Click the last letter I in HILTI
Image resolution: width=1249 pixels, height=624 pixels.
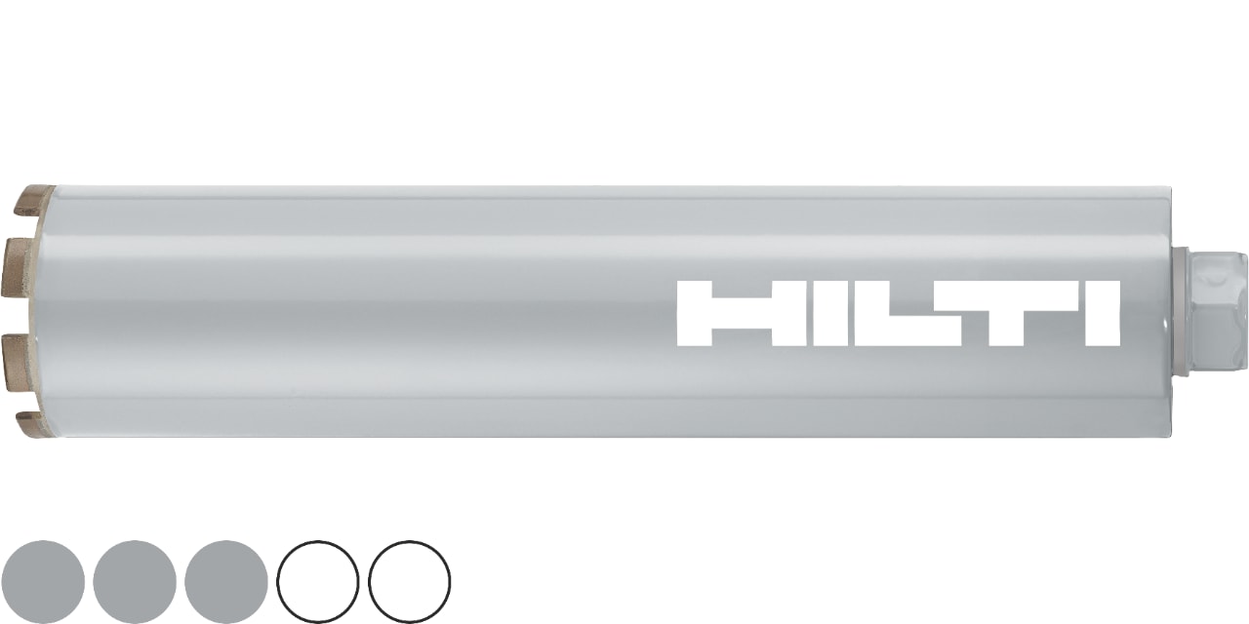pyautogui.click(x=1103, y=314)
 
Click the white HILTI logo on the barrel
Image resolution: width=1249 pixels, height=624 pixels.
pyautogui.click(x=898, y=314)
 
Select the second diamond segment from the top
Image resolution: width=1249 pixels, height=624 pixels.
pyautogui.click(x=21, y=263)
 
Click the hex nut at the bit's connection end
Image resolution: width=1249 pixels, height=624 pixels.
pyautogui.click(x=1220, y=310)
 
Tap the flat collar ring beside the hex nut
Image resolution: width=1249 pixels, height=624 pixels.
pyautogui.click(x=1181, y=310)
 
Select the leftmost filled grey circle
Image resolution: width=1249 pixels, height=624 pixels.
pyautogui.click(x=43, y=582)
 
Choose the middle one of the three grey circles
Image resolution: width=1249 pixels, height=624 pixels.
pyautogui.click(x=135, y=582)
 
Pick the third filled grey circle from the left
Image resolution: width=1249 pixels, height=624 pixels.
pyautogui.click(x=225, y=582)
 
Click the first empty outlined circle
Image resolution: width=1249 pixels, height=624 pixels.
pyautogui.click(x=318, y=582)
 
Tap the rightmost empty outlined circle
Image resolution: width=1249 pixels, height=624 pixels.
pyautogui.click(x=410, y=582)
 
